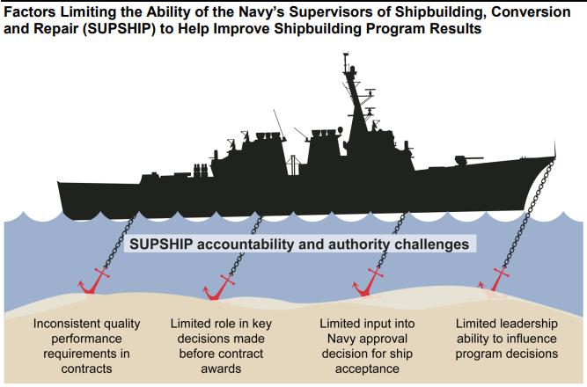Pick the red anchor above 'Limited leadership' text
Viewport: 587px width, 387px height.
(x=495, y=281)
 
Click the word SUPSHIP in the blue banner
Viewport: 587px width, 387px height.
(x=161, y=245)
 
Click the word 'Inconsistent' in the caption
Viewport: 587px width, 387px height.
(x=62, y=324)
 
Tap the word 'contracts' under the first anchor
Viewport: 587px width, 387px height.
(x=86, y=369)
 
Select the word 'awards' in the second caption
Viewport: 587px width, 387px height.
(x=221, y=369)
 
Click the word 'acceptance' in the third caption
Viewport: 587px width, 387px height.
(x=367, y=369)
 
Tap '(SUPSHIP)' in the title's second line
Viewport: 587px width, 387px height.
(x=119, y=28)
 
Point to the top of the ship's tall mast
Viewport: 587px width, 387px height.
(x=345, y=55)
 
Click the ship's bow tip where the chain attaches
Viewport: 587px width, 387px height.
(x=554, y=157)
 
